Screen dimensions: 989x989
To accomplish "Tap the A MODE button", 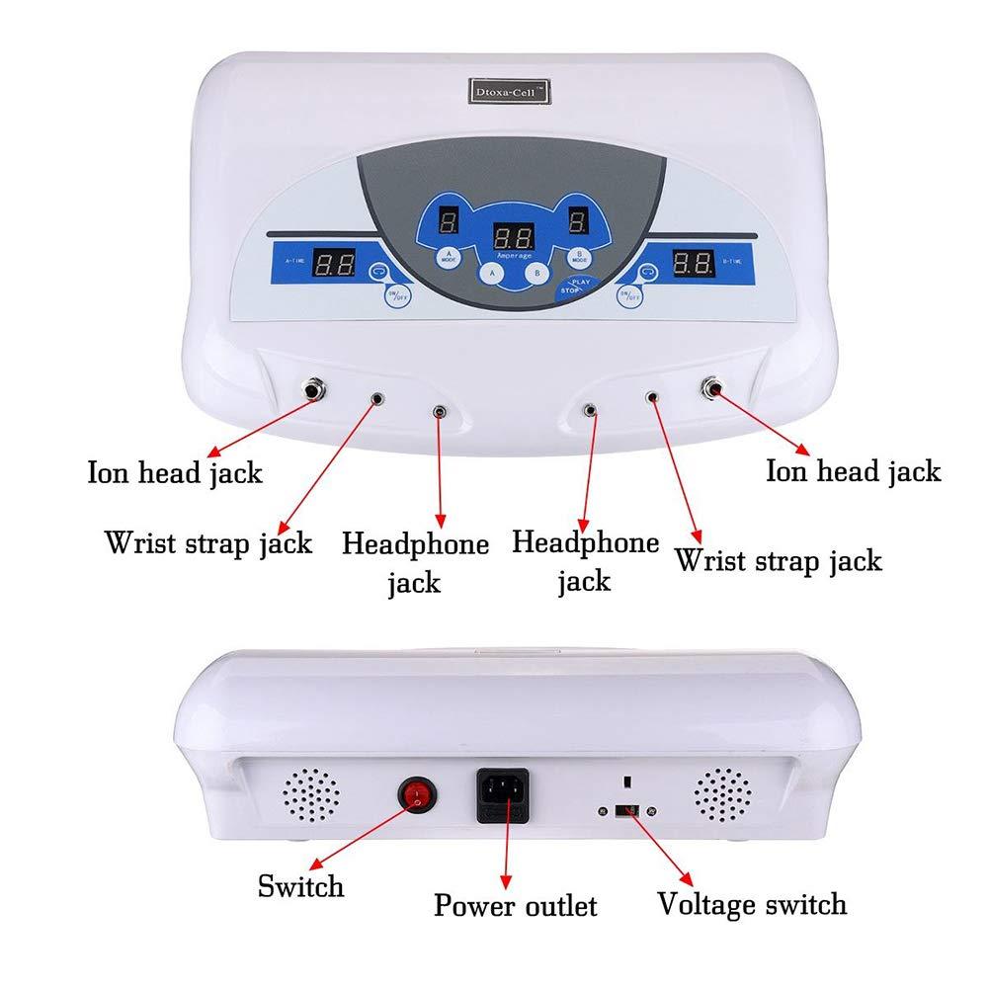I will point(449,257).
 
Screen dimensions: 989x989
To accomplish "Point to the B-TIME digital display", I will point(693,263).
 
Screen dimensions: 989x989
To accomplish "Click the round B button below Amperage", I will point(536,274).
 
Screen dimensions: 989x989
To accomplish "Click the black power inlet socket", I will point(503,793).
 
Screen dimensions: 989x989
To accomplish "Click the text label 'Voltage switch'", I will point(752,903).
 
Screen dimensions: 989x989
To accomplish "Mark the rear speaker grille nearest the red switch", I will point(310,793).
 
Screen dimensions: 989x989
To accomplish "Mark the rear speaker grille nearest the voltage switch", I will point(721,793).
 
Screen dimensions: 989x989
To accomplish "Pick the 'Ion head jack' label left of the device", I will point(175,472).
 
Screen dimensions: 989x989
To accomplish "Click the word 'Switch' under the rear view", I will point(300,885).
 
